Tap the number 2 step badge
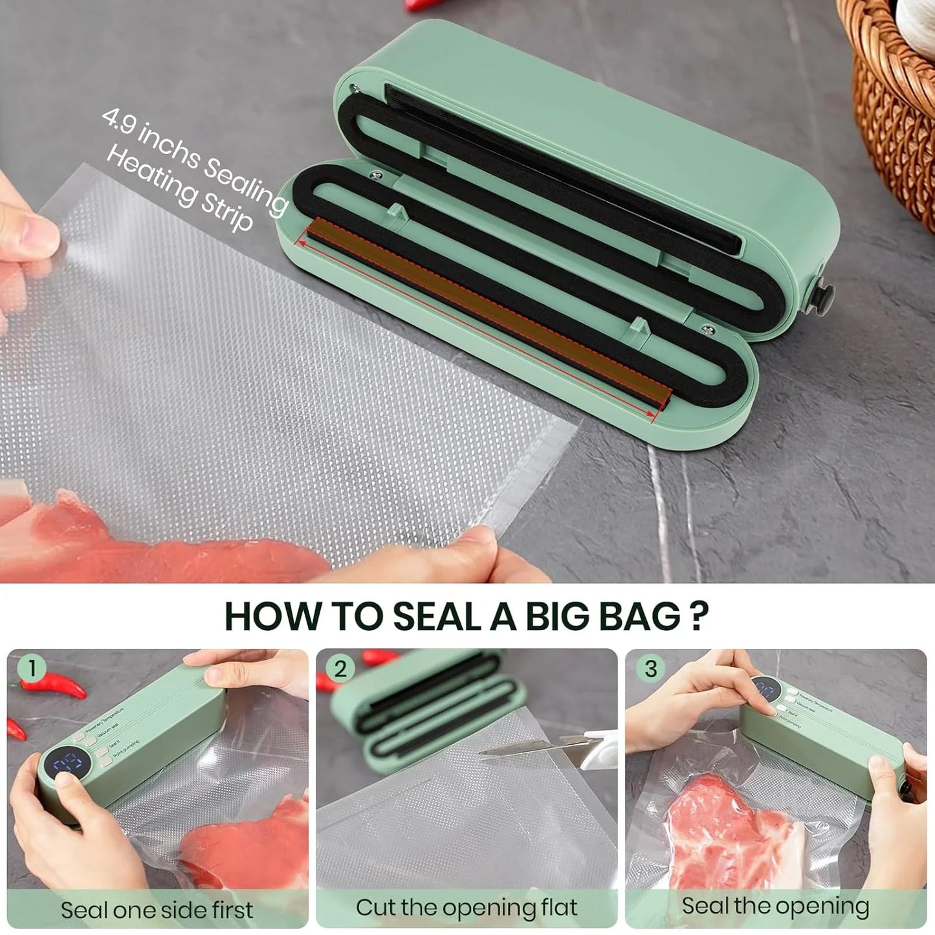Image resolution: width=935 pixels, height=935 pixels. tap(341, 669)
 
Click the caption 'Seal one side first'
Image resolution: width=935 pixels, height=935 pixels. tap(157, 910)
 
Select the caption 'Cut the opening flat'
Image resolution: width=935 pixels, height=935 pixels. tap(467, 908)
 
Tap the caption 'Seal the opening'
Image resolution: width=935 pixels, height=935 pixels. tap(775, 907)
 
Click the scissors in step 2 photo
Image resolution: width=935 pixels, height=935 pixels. tap(556, 751)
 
